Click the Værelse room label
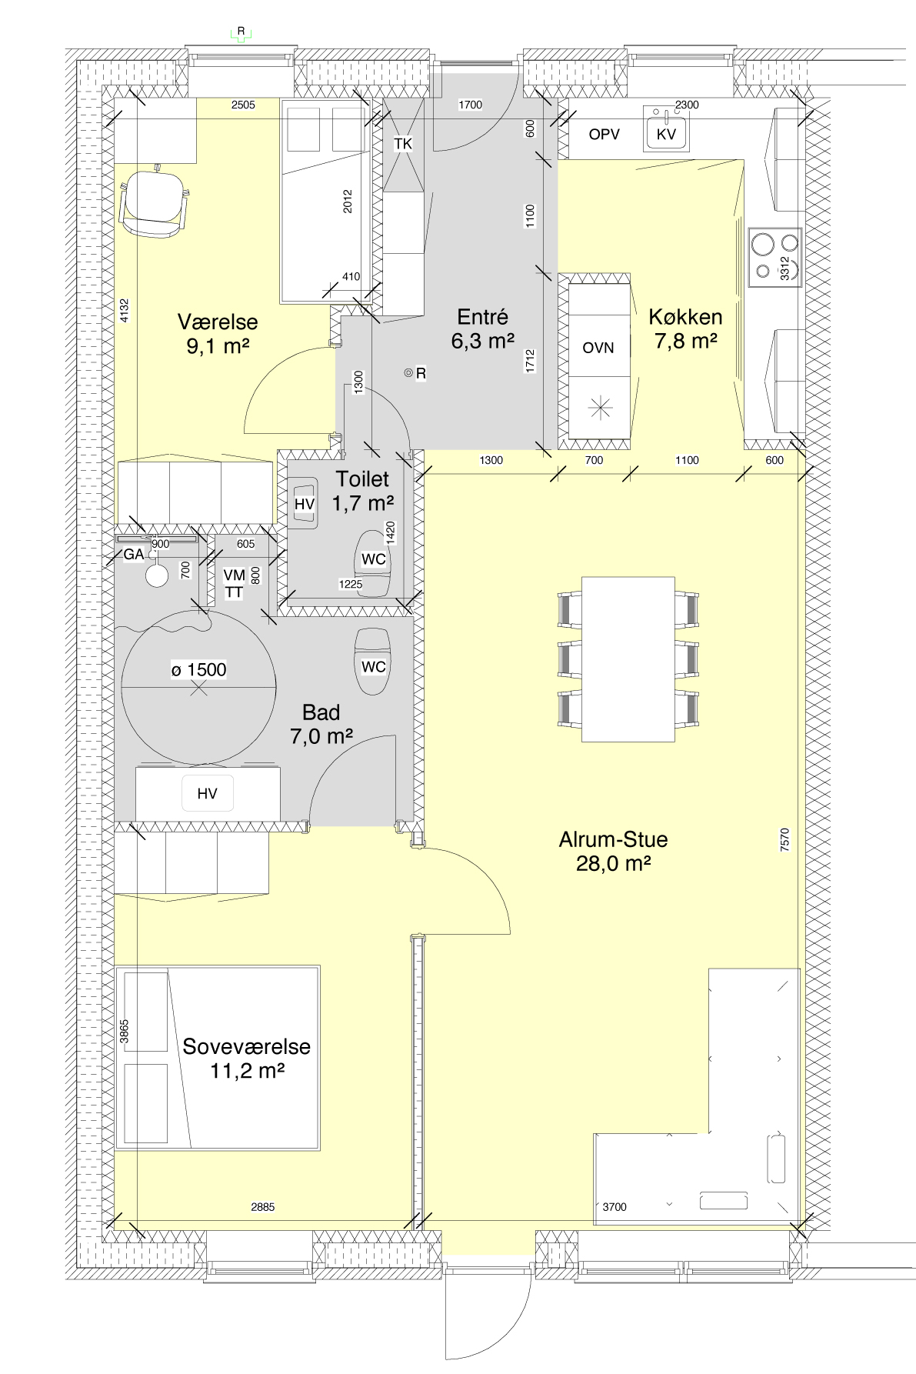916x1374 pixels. (x=218, y=334)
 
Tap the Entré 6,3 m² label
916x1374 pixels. (x=483, y=328)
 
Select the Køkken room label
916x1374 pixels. (x=685, y=328)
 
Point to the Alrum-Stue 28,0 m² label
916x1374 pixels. (x=613, y=851)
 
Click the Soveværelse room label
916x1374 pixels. (x=247, y=1058)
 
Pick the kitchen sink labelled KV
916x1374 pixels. (x=666, y=129)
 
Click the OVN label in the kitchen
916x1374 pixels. (x=598, y=348)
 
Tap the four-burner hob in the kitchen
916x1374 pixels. (x=775, y=257)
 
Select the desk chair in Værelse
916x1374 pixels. (x=154, y=202)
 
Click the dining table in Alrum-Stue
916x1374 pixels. (x=628, y=659)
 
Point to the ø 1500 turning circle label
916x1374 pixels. (x=199, y=670)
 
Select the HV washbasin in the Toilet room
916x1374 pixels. (x=305, y=504)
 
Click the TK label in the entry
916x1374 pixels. (x=403, y=144)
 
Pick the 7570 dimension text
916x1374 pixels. (x=784, y=839)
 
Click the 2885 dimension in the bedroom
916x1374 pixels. (x=263, y=1207)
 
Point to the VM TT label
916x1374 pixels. (x=234, y=584)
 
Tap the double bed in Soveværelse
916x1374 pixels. (x=218, y=1058)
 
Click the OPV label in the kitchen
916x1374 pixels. (x=605, y=135)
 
